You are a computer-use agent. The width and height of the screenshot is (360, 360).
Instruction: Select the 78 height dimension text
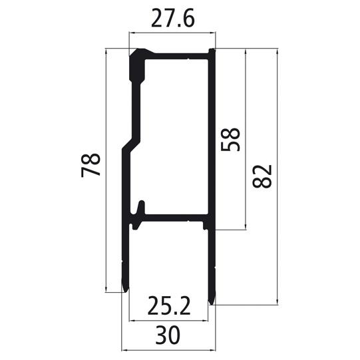[x=91, y=164]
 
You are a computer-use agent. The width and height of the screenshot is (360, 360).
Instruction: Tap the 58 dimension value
[x=231, y=139]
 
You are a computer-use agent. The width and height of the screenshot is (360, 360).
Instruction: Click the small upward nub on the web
[x=140, y=206]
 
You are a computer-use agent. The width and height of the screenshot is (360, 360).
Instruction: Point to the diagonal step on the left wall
[x=130, y=142]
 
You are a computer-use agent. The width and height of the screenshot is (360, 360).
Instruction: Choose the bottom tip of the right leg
[x=212, y=301]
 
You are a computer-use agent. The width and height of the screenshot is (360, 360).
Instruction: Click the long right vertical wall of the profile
[x=212, y=133]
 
